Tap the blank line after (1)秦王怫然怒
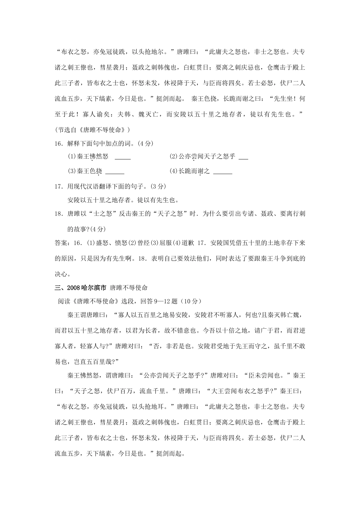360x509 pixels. [x=122, y=158]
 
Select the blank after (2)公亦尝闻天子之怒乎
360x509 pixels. [x=244, y=158]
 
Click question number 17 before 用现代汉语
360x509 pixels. [x=58, y=186]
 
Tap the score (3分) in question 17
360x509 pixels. [x=158, y=186]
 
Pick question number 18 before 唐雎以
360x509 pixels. [x=58, y=214]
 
